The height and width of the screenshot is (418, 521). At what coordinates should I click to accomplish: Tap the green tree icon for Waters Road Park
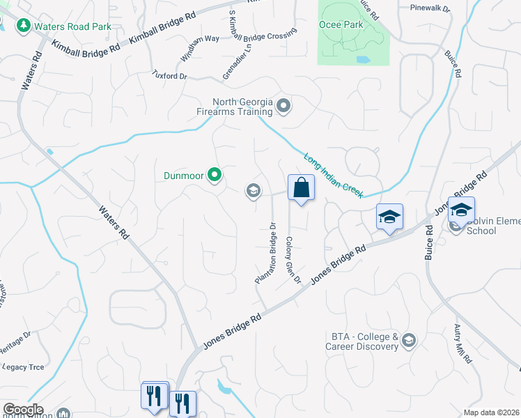(x=23, y=25)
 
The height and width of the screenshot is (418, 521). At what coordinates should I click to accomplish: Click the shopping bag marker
(x=301, y=187)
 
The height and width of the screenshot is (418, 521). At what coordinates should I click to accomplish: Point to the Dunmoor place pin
(x=215, y=176)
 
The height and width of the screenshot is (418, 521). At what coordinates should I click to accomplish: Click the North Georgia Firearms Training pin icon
(x=283, y=107)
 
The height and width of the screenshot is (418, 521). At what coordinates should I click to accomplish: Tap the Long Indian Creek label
(x=333, y=174)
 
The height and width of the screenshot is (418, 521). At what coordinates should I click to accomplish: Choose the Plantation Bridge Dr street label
(x=266, y=252)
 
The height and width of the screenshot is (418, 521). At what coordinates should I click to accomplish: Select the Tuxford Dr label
(x=171, y=75)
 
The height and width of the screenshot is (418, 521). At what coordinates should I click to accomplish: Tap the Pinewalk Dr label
(x=430, y=8)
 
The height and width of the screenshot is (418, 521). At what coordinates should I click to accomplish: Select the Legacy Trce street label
(x=23, y=366)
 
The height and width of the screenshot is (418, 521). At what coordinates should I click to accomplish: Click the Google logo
(x=22, y=410)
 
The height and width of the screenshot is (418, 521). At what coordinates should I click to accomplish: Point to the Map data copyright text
(x=491, y=412)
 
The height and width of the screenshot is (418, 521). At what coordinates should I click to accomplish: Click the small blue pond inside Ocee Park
(x=362, y=60)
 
